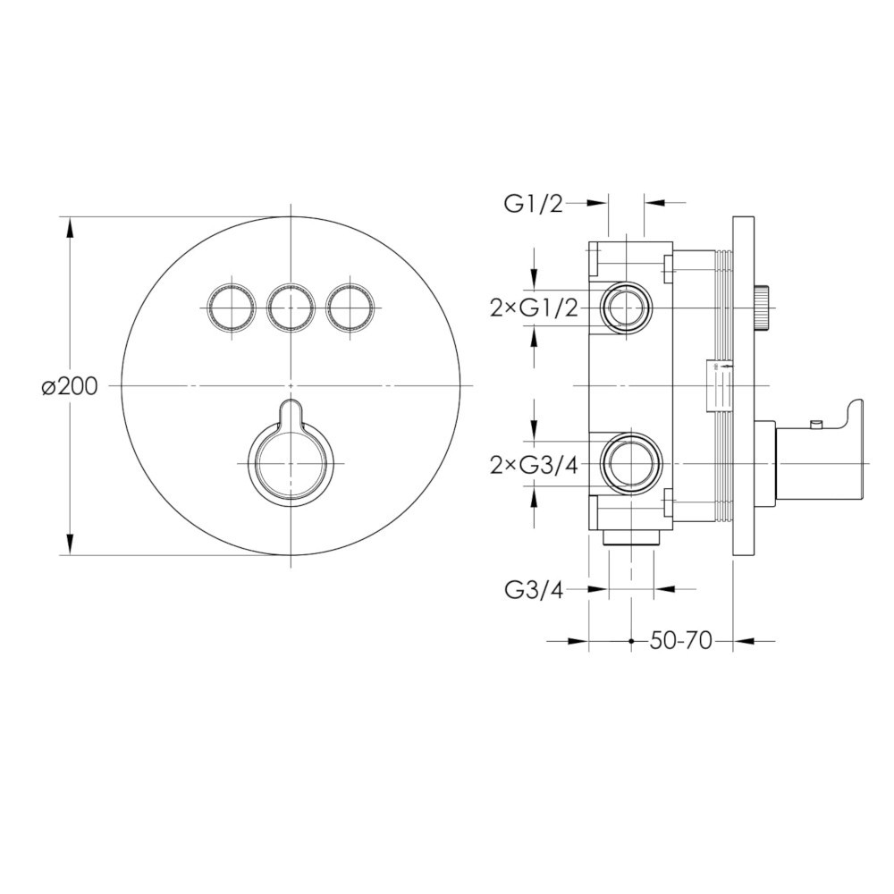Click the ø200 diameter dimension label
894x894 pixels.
click(x=70, y=387)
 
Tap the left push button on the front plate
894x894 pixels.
click(x=230, y=308)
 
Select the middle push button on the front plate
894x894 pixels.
click(x=291, y=308)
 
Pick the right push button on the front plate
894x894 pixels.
click(x=350, y=308)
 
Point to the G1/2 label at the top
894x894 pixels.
click(x=533, y=204)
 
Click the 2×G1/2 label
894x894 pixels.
click(x=535, y=308)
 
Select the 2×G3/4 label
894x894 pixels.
click(x=535, y=466)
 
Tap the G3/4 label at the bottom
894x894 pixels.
click(x=534, y=591)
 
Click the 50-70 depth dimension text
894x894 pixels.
click(x=680, y=641)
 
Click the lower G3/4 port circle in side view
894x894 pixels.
click(x=632, y=463)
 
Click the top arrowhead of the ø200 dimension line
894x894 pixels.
click(x=70, y=229)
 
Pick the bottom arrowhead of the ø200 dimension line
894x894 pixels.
click(x=70, y=543)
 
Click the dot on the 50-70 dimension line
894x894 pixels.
click(x=631, y=641)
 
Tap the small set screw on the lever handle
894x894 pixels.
click(x=816, y=424)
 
